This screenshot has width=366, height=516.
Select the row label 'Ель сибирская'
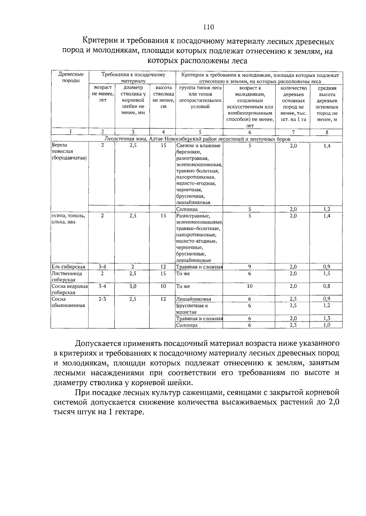68,267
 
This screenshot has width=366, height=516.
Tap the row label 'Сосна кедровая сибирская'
70,289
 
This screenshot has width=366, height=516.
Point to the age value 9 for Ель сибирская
249,266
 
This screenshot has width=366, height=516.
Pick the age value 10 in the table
249,286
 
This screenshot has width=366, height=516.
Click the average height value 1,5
327,273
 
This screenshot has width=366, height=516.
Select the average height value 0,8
327,286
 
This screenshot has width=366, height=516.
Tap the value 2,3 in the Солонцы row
293,325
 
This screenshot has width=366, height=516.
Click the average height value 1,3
327,318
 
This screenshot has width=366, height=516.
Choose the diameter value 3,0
132,286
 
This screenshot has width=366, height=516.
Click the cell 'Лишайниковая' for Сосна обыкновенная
194,299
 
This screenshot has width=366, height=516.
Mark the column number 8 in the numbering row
327,132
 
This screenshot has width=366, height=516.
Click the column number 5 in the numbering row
200,132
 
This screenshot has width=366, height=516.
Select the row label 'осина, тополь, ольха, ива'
68,219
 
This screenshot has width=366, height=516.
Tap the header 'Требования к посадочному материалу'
133,78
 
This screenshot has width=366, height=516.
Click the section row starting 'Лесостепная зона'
197,139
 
